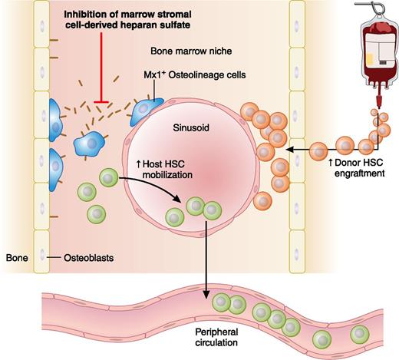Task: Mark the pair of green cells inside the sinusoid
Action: [203, 208]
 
